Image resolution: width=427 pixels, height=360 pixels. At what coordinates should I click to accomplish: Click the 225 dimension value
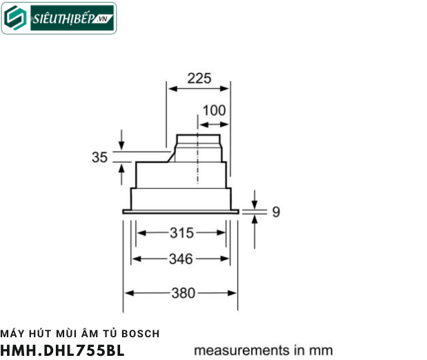(199, 78)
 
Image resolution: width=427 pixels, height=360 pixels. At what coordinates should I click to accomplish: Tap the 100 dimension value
(213, 110)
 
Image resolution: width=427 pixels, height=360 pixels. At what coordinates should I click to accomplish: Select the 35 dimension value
(100, 158)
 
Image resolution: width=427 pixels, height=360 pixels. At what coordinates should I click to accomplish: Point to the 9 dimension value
(275, 212)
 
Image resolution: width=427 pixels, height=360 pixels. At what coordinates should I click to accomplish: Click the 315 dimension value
(181, 233)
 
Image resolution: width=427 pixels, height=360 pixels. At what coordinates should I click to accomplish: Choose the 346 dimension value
(181, 259)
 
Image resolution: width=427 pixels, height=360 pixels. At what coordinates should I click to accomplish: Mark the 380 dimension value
(182, 292)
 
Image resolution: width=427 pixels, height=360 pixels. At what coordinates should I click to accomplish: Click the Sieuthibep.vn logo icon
(15, 19)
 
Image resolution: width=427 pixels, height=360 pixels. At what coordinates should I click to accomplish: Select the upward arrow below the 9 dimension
(255, 220)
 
